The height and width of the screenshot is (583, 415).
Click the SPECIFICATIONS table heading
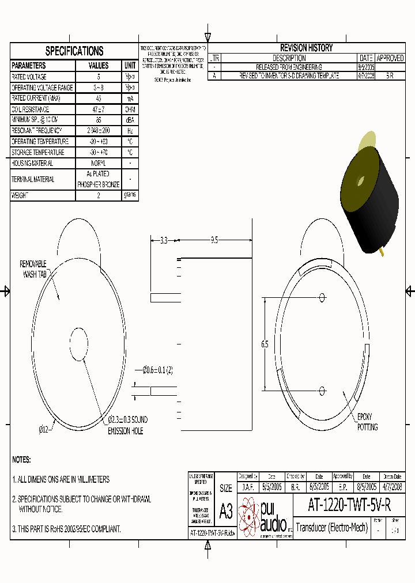pyautogui.click(x=74, y=51)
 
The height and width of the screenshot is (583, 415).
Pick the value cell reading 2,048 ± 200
pyautogui.click(x=99, y=131)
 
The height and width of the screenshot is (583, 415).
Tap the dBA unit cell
pyautogui.click(x=130, y=120)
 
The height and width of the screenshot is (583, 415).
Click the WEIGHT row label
pyautogui.click(x=20, y=195)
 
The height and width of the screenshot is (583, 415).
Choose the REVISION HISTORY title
pyautogui.click(x=306, y=48)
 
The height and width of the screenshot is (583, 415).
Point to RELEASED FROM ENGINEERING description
pyautogui.click(x=289, y=67)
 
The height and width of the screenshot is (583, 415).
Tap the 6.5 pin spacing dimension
pyautogui.click(x=265, y=344)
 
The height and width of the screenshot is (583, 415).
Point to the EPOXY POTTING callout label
pyautogui.click(x=367, y=422)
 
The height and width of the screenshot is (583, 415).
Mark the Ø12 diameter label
pyautogui.click(x=44, y=429)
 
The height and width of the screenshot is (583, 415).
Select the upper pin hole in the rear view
pyautogui.click(x=322, y=297)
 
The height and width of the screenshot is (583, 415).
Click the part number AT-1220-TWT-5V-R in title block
pyautogui.click(x=349, y=505)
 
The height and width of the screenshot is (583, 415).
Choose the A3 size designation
pyautogui.click(x=226, y=511)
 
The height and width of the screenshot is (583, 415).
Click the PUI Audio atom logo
pyautogui.click(x=250, y=514)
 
